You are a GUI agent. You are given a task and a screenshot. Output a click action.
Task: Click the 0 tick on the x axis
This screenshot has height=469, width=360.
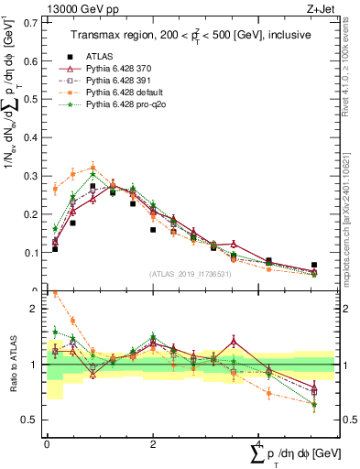pyautogui.click(x=47, y=444)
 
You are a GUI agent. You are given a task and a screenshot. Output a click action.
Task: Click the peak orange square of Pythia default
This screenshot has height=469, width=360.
pyautogui.click(x=93, y=169)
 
